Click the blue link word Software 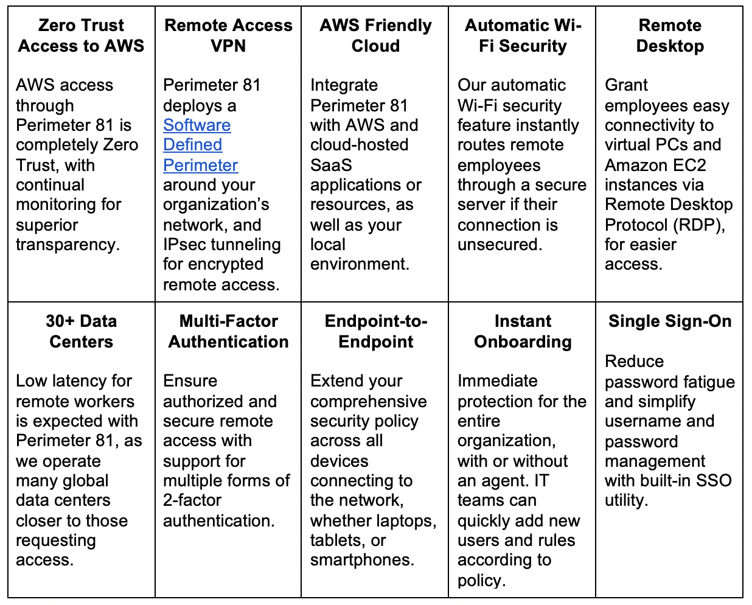click(x=197, y=125)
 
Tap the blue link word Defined click(x=192, y=145)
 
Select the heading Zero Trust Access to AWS click(x=82, y=35)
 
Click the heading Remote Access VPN click(x=228, y=35)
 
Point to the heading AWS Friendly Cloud click(x=375, y=35)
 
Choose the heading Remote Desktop click(x=670, y=35)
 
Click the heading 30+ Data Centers click(x=82, y=331)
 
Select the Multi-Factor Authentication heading click(x=228, y=331)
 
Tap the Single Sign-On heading click(x=670, y=321)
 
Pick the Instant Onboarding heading click(x=523, y=331)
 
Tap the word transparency click(x=67, y=245)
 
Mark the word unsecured click(x=499, y=245)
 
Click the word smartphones click(x=362, y=560)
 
